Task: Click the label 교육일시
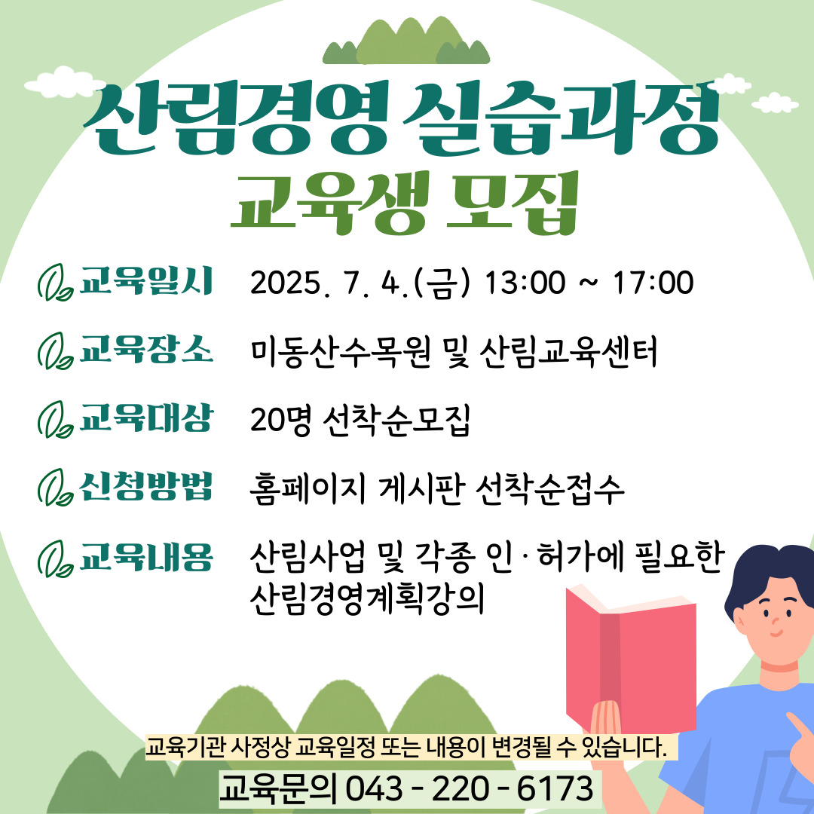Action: click(146, 281)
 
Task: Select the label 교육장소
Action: click(146, 349)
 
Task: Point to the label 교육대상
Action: click(146, 418)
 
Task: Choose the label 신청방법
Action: click(146, 486)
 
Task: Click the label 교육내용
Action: click(146, 557)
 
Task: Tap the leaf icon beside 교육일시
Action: click(54, 283)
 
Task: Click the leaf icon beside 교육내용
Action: click(54, 558)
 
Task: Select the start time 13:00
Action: click(525, 283)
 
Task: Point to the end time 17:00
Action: click(653, 283)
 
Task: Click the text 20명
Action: click(281, 420)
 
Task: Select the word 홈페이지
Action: click(308, 489)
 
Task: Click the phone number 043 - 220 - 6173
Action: click(470, 788)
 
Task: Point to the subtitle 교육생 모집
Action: click(405, 203)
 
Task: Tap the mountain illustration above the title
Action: click(406, 41)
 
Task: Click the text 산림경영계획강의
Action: click(367, 599)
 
